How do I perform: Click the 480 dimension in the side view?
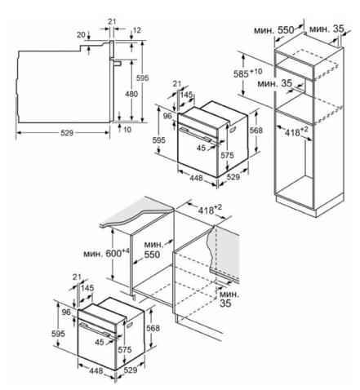click(x=131, y=94)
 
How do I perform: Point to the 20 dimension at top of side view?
click(x=81, y=35)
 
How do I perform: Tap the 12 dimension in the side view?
click(x=137, y=30)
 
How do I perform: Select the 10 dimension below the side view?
click(x=127, y=130)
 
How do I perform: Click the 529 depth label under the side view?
click(x=67, y=133)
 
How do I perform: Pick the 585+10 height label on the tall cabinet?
click(x=247, y=73)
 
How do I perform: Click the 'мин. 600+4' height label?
click(x=106, y=253)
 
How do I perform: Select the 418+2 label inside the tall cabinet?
click(x=296, y=132)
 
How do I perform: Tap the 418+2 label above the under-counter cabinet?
click(x=210, y=210)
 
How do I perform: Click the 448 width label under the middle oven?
click(x=196, y=178)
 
